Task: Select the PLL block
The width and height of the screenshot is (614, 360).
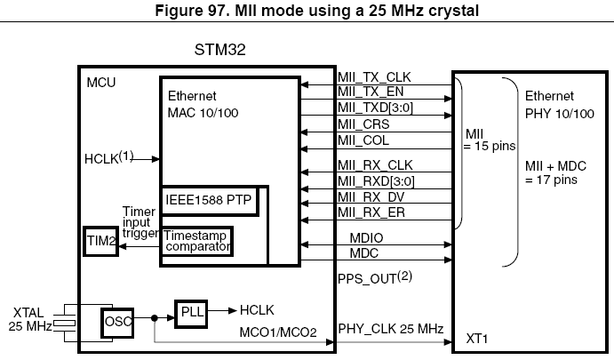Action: (188, 313)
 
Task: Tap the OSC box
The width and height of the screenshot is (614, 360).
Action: (119, 320)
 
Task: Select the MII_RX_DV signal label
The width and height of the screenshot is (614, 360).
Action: (370, 196)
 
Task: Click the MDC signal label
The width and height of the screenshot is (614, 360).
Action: (353, 254)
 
